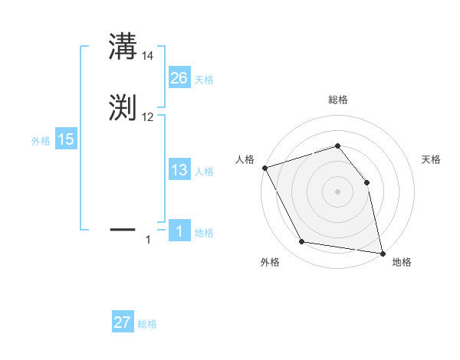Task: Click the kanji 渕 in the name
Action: pyautogui.click(x=123, y=109)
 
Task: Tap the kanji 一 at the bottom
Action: pyautogui.click(x=123, y=228)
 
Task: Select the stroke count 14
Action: pyautogui.click(x=148, y=56)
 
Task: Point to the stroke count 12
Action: pyautogui.click(x=148, y=117)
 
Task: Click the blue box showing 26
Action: pyautogui.click(x=179, y=77)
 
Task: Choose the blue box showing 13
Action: pyautogui.click(x=179, y=170)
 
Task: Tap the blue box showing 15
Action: pyautogui.click(x=66, y=139)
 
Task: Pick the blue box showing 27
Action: pyautogui.click(x=123, y=322)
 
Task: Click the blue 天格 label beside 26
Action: pyautogui.click(x=204, y=80)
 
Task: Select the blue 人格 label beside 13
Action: pyautogui.click(x=204, y=172)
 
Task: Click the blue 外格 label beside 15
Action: pyautogui.click(x=41, y=141)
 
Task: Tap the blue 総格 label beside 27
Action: pyautogui.click(x=147, y=325)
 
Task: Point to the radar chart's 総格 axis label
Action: pyautogui.click(x=337, y=100)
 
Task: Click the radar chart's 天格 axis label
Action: pyautogui.click(x=431, y=159)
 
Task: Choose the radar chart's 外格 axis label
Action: pyautogui.click(x=270, y=262)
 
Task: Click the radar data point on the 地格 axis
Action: pyautogui.click(x=383, y=253)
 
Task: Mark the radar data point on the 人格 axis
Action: pyautogui.click(x=264, y=168)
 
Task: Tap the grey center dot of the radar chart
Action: pyautogui.click(x=337, y=191)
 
